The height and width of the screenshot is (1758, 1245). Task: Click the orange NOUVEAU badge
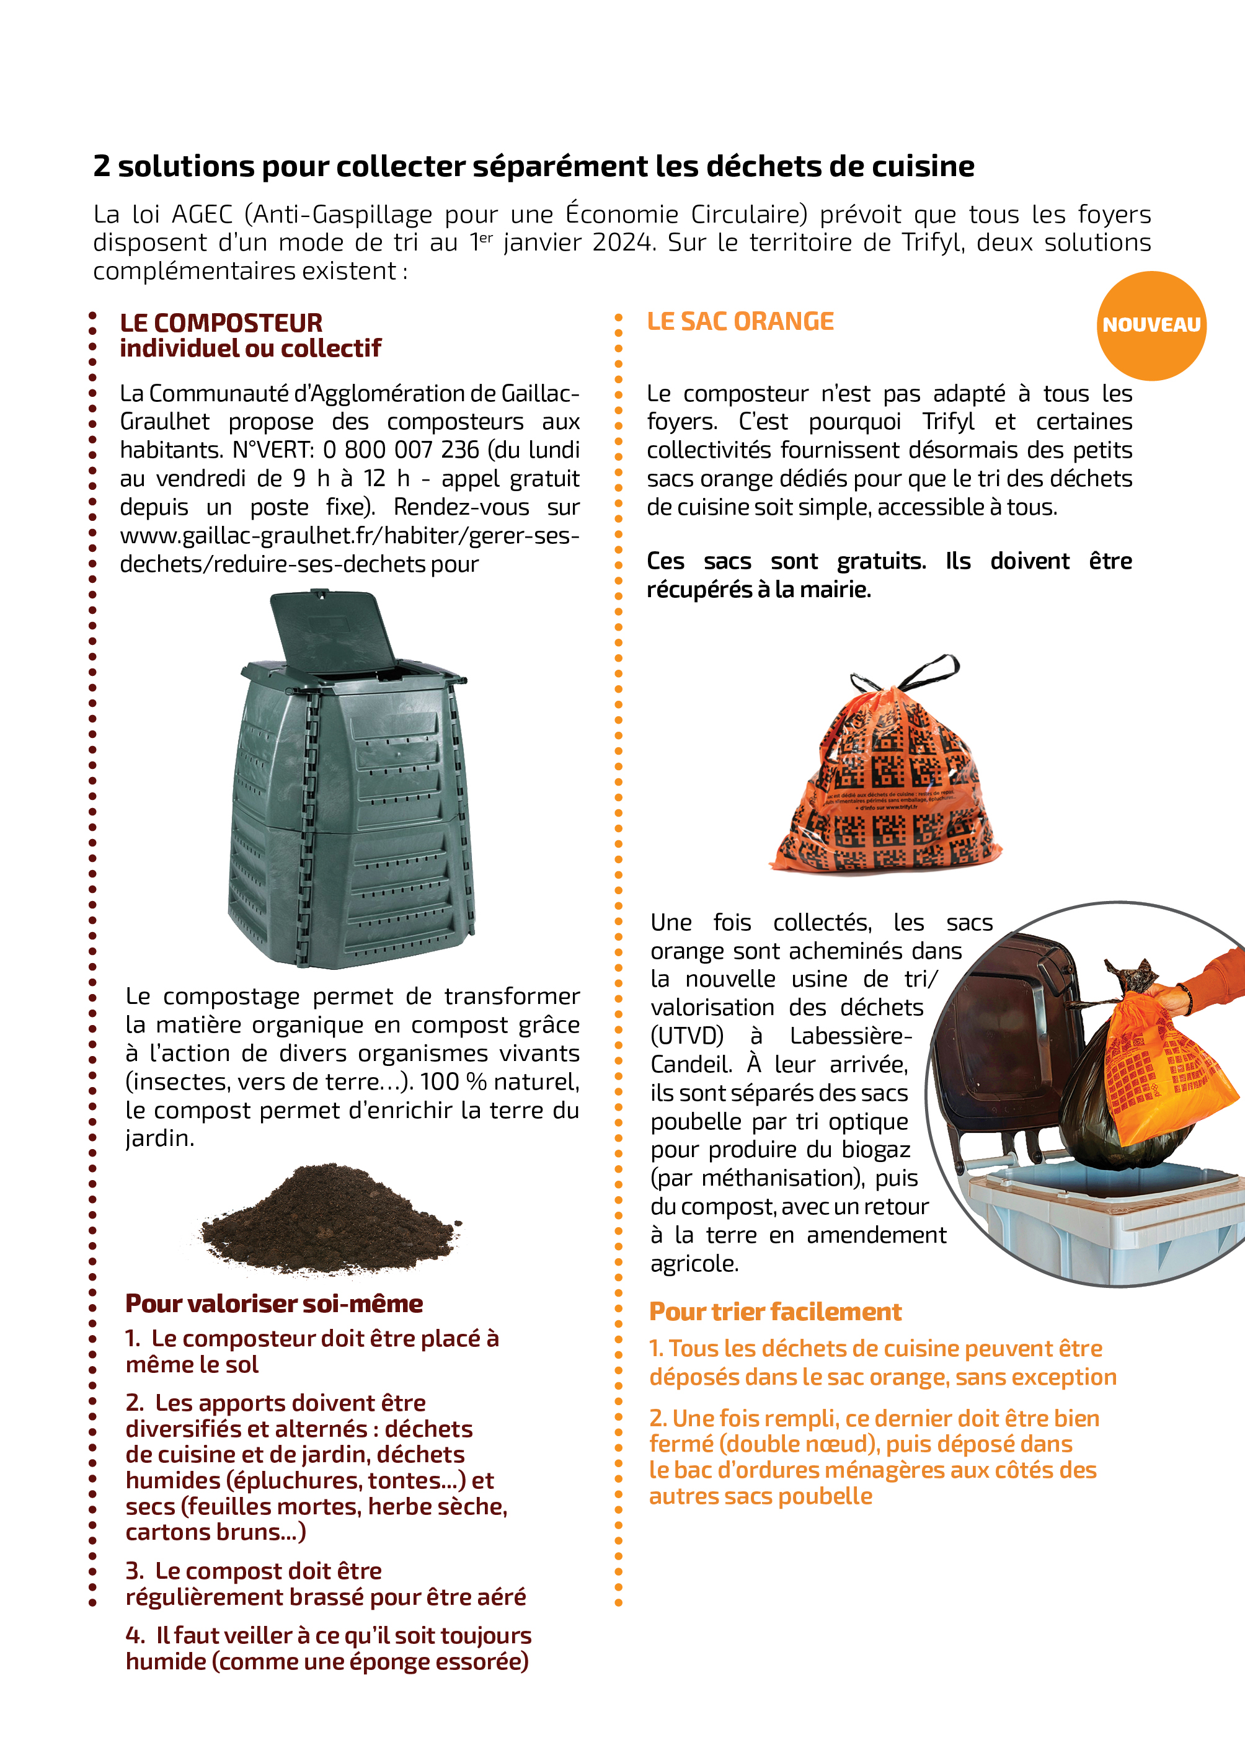[1151, 325]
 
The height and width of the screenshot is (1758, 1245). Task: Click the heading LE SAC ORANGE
[740, 321]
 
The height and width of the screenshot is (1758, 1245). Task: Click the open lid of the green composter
[331, 633]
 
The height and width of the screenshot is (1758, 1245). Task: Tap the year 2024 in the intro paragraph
[624, 242]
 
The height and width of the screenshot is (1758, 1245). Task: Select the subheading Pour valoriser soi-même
[273, 1303]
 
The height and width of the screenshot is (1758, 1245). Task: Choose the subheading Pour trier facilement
[775, 1312]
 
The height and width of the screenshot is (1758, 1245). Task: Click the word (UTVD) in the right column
[687, 1036]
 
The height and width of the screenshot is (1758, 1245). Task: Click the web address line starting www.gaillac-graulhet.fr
[350, 535]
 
